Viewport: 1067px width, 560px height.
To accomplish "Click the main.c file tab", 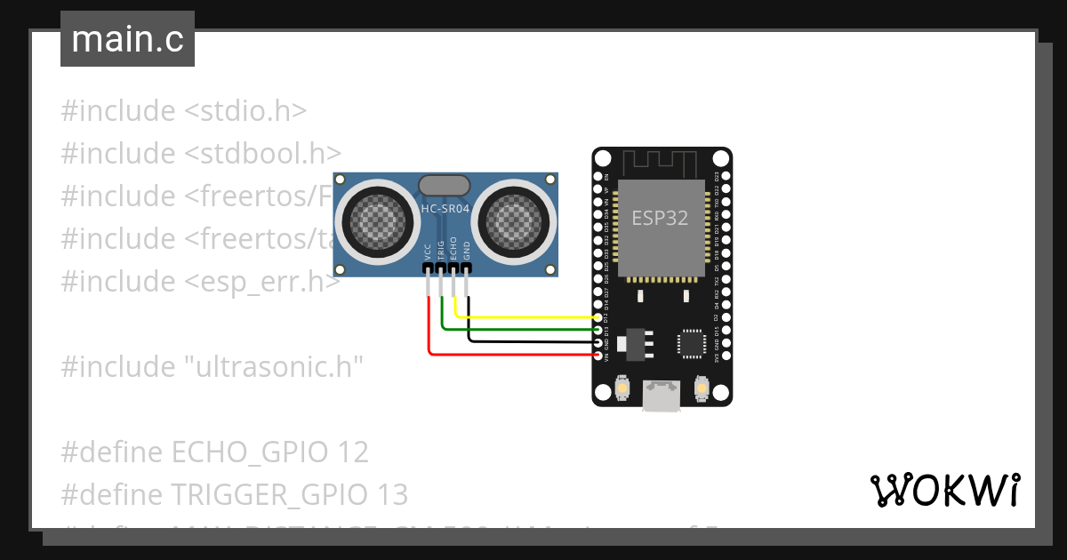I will [x=127, y=39].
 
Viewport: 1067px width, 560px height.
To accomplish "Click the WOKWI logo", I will [x=944, y=490].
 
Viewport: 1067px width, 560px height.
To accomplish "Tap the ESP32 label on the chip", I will [x=660, y=219].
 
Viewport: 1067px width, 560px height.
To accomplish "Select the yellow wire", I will [x=533, y=316].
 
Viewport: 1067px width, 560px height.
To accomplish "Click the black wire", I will [x=533, y=341].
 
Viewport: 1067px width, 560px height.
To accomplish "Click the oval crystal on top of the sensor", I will [x=444, y=184].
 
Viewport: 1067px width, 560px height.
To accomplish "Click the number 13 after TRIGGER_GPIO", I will [x=392, y=494].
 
